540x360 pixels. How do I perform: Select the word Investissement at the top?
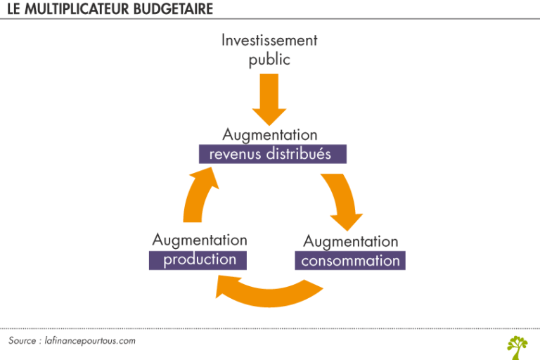click(x=269, y=40)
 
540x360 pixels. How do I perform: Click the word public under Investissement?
click(x=269, y=60)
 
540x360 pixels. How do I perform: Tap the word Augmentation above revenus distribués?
click(x=270, y=134)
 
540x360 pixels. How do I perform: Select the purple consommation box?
click(x=350, y=261)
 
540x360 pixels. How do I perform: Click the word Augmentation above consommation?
click(x=350, y=241)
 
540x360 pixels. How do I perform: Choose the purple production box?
click(x=200, y=259)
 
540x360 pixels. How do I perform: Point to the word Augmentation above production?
click(x=200, y=240)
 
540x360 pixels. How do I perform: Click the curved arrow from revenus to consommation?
click(x=342, y=200)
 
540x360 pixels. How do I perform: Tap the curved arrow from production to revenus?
click(x=199, y=197)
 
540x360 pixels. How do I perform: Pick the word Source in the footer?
click(x=23, y=341)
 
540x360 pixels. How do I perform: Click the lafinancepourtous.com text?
click(x=89, y=341)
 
